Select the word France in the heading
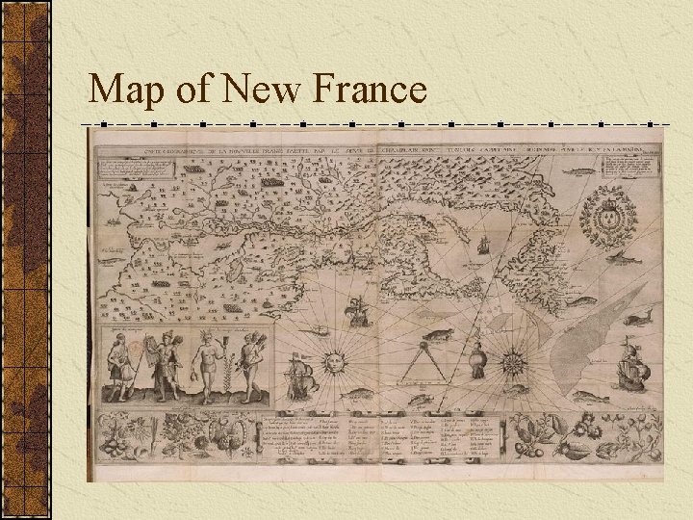[x=371, y=91]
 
